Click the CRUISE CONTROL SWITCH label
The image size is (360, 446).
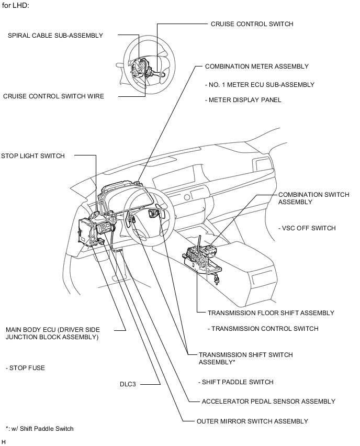click(x=252, y=24)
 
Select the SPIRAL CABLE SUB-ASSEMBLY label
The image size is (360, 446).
click(x=55, y=36)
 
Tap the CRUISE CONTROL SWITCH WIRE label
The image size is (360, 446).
click(x=53, y=96)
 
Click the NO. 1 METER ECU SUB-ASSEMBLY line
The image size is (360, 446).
click(x=260, y=84)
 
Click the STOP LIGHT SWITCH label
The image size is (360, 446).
click(x=33, y=156)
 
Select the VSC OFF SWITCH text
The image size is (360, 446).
click(x=308, y=228)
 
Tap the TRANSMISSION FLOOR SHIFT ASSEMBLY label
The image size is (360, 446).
click(x=271, y=313)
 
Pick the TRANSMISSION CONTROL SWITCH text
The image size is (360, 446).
click(x=263, y=329)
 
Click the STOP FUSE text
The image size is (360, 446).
click(x=26, y=368)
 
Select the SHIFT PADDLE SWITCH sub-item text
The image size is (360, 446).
click(x=236, y=382)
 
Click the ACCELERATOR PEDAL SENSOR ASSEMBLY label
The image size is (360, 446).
click(x=268, y=402)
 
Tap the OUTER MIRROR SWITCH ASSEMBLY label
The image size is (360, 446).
click(x=252, y=421)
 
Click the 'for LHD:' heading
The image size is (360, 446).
click(x=16, y=5)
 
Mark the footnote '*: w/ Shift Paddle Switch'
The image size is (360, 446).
click(x=40, y=429)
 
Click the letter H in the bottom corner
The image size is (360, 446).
click(x=4, y=442)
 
